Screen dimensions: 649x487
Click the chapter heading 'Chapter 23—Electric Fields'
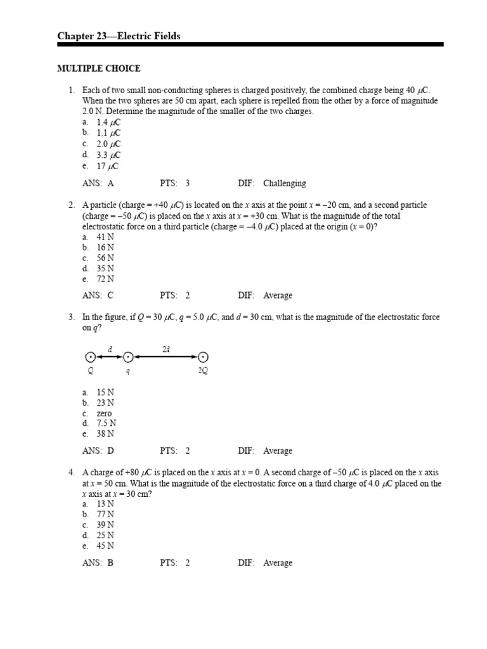(119, 36)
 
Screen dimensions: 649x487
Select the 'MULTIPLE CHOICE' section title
(99, 68)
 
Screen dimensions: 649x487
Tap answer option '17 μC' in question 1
(108, 166)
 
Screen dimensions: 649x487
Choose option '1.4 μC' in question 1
(108, 122)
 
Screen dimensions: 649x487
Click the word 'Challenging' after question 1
(284, 183)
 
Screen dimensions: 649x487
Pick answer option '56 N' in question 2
(105, 258)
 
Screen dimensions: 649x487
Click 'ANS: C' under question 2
(98, 295)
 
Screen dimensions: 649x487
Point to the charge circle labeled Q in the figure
(90, 358)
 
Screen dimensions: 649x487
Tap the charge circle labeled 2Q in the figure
(203, 358)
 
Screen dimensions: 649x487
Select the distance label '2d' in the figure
(166, 349)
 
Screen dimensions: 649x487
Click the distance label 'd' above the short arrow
(110, 349)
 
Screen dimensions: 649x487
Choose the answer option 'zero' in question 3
(104, 413)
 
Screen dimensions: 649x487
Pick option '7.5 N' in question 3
(106, 423)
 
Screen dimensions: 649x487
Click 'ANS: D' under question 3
(98, 451)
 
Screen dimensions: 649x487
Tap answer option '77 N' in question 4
(105, 514)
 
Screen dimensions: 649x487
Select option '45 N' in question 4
(105, 545)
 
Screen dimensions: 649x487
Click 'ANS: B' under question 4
(98, 563)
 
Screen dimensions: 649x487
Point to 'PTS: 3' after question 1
(175, 183)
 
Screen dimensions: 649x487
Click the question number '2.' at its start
(72, 205)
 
